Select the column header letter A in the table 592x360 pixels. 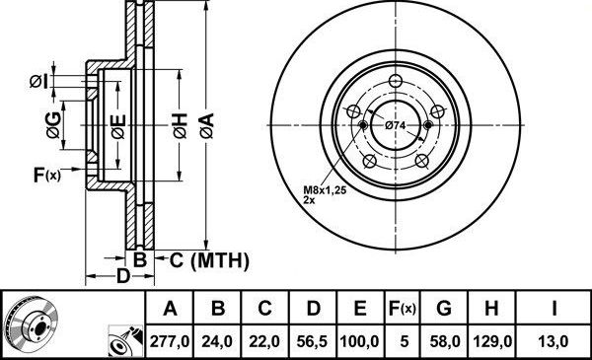click(170, 309)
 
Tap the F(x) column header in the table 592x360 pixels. click(403, 309)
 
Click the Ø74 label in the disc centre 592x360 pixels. click(396, 125)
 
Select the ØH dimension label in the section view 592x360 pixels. click(179, 125)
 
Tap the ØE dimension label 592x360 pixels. click(117, 125)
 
